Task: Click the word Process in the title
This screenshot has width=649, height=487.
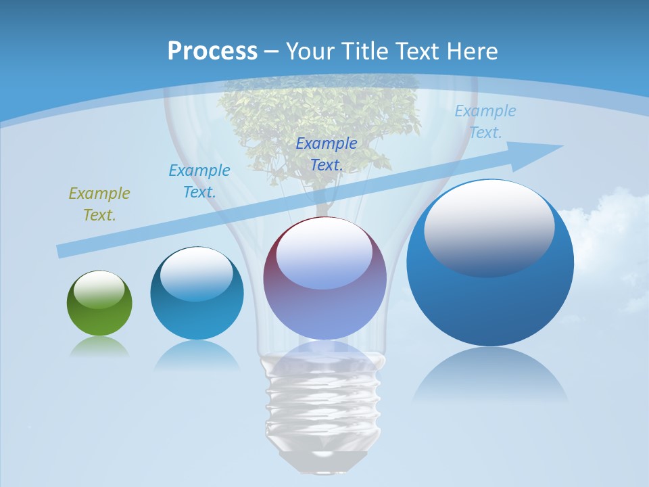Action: (x=212, y=51)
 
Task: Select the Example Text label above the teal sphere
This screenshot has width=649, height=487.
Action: (x=199, y=181)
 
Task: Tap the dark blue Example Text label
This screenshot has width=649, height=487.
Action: (x=327, y=154)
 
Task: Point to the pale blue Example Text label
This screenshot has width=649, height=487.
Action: (x=485, y=122)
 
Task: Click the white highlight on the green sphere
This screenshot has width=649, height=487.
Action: (x=99, y=289)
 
